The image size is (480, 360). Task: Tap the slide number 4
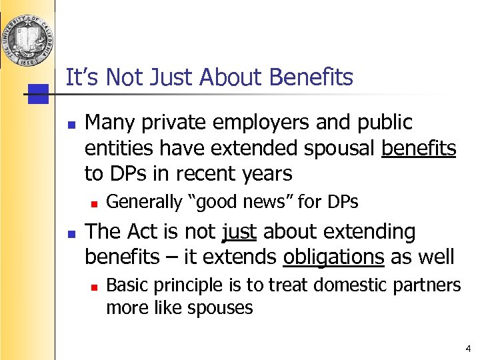(x=468, y=348)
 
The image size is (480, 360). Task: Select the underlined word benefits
(x=419, y=148)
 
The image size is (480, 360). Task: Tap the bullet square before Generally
(x=95, y=202)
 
